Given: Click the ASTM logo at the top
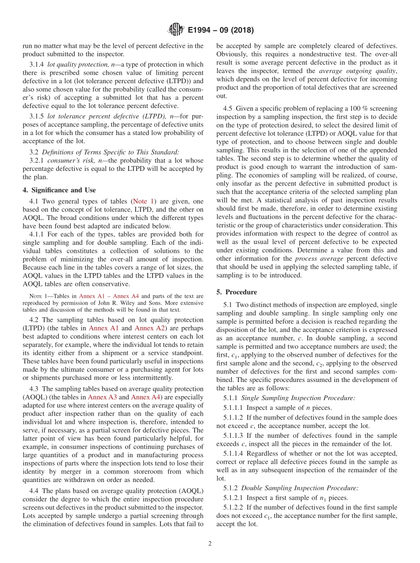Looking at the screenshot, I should pyautogui.click(x=176, y=30).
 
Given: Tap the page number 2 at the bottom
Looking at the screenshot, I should pyautogui.click(x=210, y=544).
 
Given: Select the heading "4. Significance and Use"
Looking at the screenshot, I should pyautogui.click(x=59, y=190).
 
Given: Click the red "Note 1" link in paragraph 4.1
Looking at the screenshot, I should pyautogui.click(x=143, y=201).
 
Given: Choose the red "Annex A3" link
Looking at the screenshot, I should pyautogui.click(x=103, y=397).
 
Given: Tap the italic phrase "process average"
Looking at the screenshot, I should pyautogui.click(x=319, y=258).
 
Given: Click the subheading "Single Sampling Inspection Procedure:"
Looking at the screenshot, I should pyautogui.click(x=298, y=398).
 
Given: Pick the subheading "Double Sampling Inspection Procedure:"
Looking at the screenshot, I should pyautogui.click(x=300, y=488).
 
